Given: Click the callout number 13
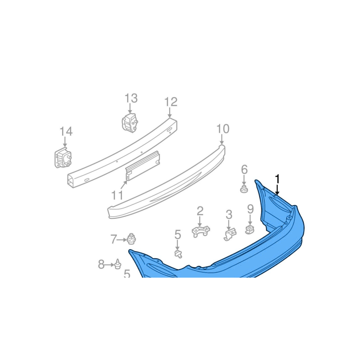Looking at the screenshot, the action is tap(131, 98).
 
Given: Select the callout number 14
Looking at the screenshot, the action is tap(66, 131).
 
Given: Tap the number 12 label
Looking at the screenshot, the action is tap(171, 102).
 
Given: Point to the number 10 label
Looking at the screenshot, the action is tap(223, 129).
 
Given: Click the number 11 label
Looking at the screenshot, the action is tap(117, 195).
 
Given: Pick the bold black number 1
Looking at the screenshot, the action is tap(278, 179).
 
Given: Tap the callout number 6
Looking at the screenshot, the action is tap(244, 170).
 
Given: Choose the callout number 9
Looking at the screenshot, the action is tap(250, 209).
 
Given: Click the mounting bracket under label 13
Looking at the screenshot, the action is tap(130, 122).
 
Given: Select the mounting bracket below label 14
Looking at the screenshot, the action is tap(63, 157).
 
